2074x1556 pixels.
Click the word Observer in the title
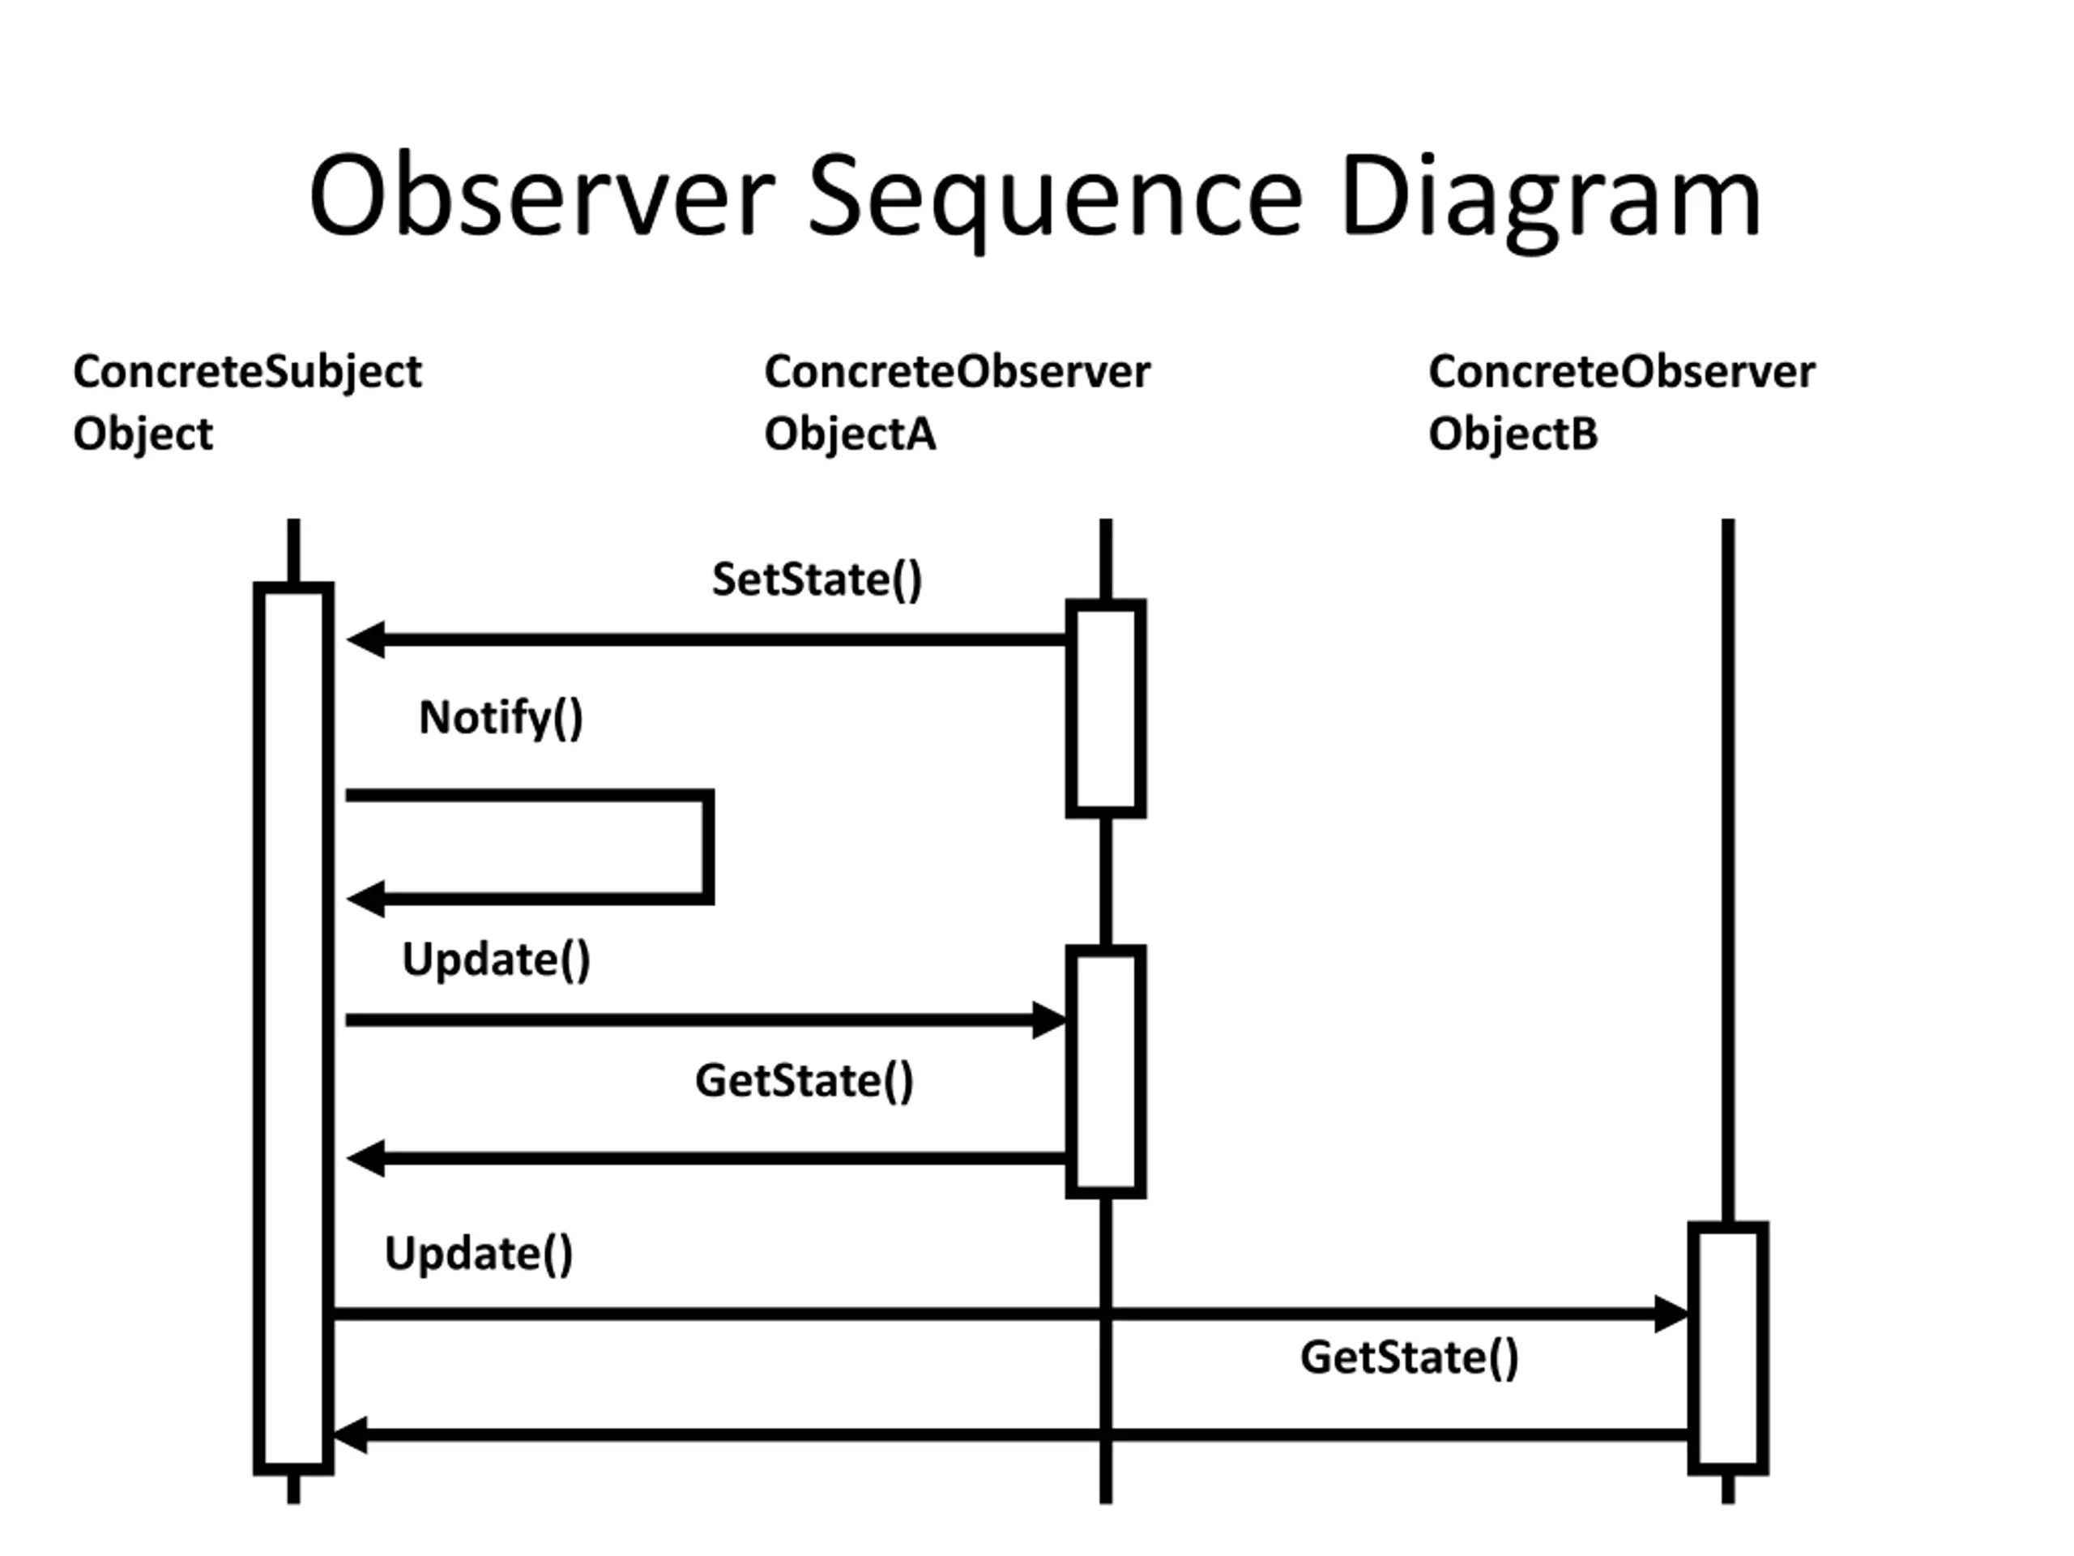click(x=542, y=195)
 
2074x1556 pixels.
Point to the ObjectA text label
click(x=851, y=434)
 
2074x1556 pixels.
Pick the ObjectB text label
click(x=1513, y=434)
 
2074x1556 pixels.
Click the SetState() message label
click(x=817, y=579)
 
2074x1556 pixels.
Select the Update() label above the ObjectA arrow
click(x=496, y=960)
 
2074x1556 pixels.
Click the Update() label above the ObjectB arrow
click(x=479, y=1255)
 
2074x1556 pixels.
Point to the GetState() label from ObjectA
click(x=804, y=1080)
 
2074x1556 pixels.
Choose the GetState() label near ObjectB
click(x=1409, y=1358)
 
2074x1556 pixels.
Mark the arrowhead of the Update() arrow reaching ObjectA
click(x=1050, y=1020)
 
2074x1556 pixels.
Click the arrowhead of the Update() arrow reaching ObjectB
click(x=1672, y=1314)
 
